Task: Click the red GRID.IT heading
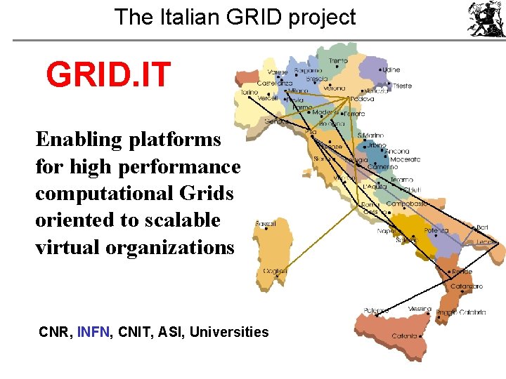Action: (x=108, y=75)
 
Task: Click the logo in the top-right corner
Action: (x=486, y=19)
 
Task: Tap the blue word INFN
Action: (x=93, y=332)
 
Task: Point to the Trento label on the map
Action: (x=337, y=61)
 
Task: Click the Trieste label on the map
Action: (x=402, y=86)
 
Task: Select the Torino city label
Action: (x=249, y=92)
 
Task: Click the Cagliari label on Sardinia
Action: (x=274, y=271)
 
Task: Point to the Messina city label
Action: (x=420, y=309)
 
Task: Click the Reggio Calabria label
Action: (x=460, y=312)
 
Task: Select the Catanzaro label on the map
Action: (x=467, y=286)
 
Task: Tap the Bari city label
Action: (x=482, y=227)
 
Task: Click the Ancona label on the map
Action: (x=396, y=152)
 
